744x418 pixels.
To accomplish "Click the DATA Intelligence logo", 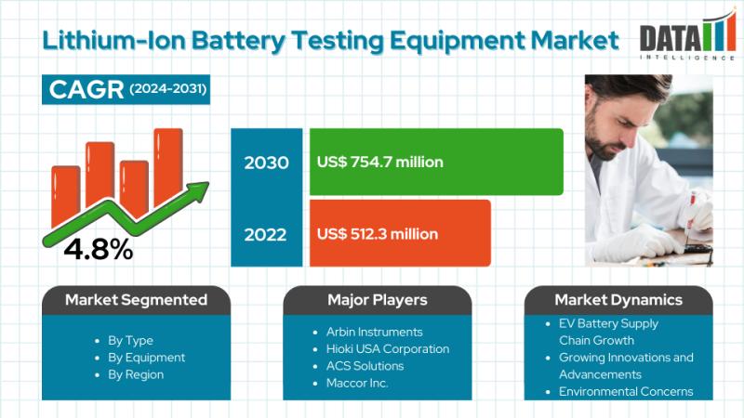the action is coord(687,36).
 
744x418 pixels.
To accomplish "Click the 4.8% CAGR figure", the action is coord(99,249).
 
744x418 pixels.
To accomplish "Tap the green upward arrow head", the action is coord(199,189).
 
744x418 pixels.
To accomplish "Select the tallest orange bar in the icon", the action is coord(168,167).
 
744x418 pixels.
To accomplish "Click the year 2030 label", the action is coord(266,163).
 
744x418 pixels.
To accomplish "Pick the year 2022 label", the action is coord(265,235).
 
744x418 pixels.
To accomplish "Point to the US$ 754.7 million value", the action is coord(380,162).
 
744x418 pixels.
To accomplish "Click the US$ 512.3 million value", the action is coord(378,234).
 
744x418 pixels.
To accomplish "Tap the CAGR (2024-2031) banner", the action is coord(126,89).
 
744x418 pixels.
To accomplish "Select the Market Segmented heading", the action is coord(136,299).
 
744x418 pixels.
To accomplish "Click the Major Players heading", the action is coord(378,299).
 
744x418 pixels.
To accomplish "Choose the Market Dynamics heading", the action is coord(618,299).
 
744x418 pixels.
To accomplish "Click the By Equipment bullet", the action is coord(146,358).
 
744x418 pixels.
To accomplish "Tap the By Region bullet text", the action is coord(136,374).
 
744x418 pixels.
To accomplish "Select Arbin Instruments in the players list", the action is coord(375,332).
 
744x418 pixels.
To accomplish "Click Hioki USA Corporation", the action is coord(388,349).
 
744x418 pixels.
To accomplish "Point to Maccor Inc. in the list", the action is coord(357,383).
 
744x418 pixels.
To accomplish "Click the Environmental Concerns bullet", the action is coord(626,391).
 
